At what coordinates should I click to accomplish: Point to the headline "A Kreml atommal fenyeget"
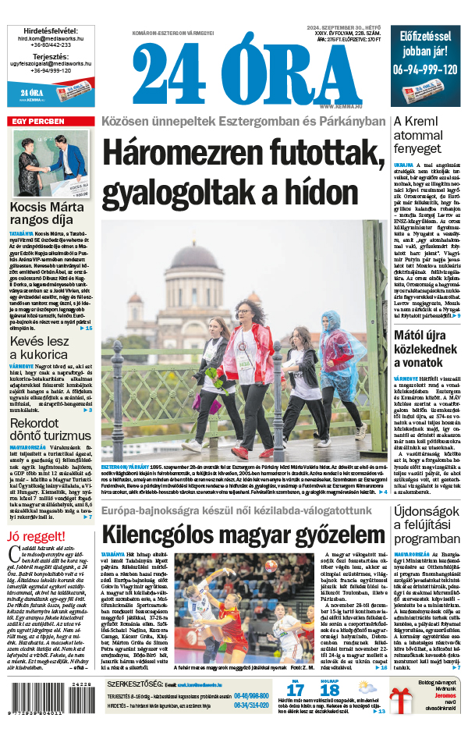(425, 135)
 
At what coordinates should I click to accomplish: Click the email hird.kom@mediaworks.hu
(50, 37)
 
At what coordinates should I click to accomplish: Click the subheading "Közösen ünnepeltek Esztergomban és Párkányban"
(243, 122)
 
